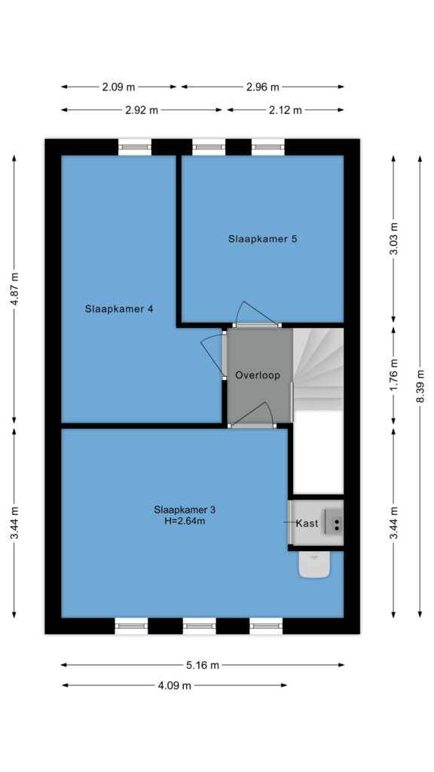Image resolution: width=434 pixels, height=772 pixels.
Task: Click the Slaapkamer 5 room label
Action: click(263, 239)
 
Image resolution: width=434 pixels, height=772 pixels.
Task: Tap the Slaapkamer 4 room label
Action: click(119, 309)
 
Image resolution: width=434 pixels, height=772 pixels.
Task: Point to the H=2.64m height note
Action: click(185, 521)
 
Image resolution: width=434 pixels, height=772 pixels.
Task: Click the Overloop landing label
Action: click(258, 375)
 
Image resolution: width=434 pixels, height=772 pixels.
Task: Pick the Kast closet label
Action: click(307, 523)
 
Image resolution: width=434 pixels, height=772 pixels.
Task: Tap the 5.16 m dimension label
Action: click(203, 665)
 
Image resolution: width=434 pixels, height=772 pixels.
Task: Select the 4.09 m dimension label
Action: click(174, 685)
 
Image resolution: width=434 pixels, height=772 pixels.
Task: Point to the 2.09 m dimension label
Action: click(118, 87)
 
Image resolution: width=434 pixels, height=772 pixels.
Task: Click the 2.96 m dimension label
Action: click(262, 87)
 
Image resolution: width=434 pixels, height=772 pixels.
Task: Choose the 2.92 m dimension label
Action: click(142, 110)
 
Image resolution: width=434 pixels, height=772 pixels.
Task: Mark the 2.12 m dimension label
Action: click(285, 110)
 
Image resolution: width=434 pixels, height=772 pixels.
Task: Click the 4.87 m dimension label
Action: click(14, 289)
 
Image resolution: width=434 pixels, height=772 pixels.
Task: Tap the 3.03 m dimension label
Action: click(393, 239)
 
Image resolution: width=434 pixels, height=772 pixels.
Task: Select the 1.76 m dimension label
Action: click(393, 375)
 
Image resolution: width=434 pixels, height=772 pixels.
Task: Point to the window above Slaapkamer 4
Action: click(134, 147)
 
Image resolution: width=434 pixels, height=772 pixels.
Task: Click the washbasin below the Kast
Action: click(314, 564)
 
